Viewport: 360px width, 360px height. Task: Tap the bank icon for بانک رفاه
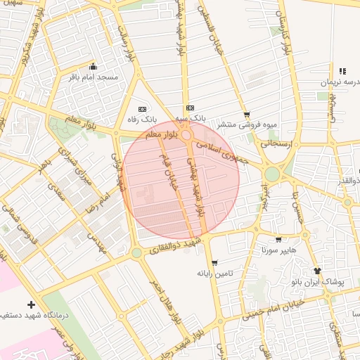[x=143, y=109]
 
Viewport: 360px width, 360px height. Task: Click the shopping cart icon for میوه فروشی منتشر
[x=246, y=114]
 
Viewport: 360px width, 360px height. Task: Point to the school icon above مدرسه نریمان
[x=342, y=71]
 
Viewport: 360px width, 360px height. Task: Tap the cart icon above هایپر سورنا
[x=279, y=239]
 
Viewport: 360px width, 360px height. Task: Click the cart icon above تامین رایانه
[x=214, y=262]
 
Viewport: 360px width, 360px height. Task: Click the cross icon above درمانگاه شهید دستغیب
[x=30, y=304]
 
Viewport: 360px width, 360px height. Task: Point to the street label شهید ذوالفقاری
[x=176, y=247]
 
